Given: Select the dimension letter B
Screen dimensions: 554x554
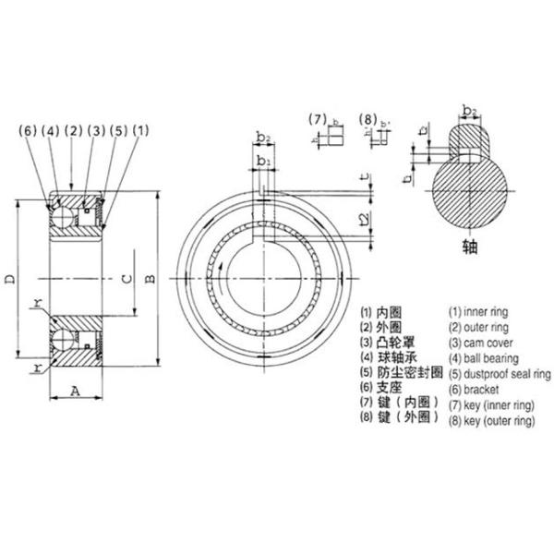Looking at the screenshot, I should coord(151,279).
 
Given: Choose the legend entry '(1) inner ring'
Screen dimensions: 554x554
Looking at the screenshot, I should coord(481,311).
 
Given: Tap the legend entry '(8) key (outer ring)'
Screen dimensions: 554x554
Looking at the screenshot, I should coord(491,420).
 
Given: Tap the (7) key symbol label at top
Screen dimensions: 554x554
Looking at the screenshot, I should coord(317,119).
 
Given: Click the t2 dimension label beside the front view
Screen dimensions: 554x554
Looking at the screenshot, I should coord(363,222).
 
